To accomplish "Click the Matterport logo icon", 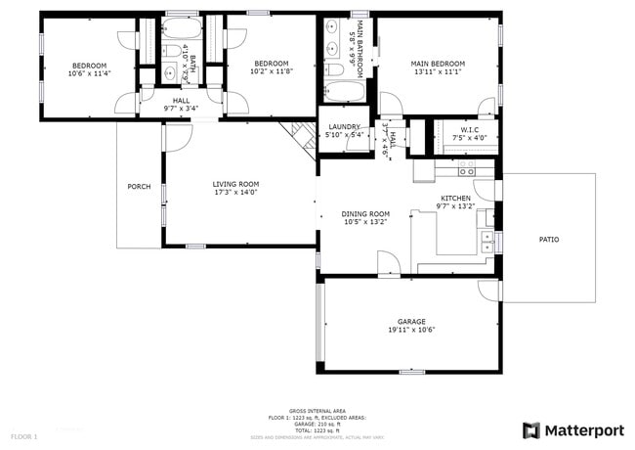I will [530, 429].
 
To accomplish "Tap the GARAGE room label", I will [411, 321].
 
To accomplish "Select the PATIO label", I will [550, 239].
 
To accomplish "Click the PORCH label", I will [139, 187].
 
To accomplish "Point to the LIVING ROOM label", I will [235, 183].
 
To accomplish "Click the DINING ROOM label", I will [365, 213].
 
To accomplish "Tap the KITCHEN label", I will [455, 198].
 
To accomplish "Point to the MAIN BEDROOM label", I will [438, 64].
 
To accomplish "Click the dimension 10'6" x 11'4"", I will [90, 72].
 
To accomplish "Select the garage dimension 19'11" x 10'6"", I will [411, 330].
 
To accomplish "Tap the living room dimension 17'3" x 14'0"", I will [235, 192].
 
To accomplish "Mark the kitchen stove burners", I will [466, 171].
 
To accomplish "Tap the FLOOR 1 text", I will [24, 434].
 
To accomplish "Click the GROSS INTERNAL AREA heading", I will [317, 411].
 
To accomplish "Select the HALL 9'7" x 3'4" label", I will [182, 104].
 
